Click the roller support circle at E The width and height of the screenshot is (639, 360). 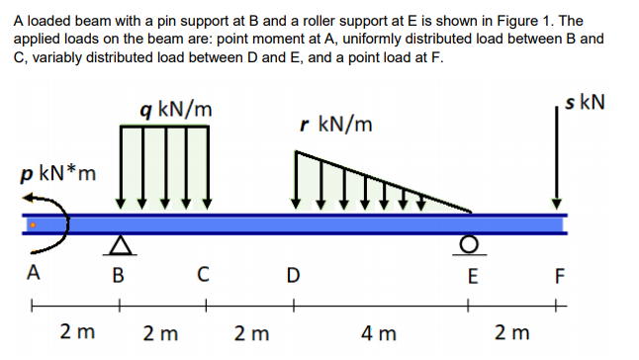[x=471, y=244]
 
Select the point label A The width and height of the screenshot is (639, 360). [x=35, y=274]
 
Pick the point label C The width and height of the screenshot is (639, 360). [x=202, y=274]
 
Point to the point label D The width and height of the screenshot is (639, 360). [x=291, y=274]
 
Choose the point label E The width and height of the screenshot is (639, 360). [x=472, y=274]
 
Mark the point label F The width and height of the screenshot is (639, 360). [x=561, y=274]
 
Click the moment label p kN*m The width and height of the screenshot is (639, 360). [x=57, y=175]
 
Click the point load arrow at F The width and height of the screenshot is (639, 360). [x=556, y=158]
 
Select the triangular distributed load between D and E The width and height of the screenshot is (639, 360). [x=346, y=188]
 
